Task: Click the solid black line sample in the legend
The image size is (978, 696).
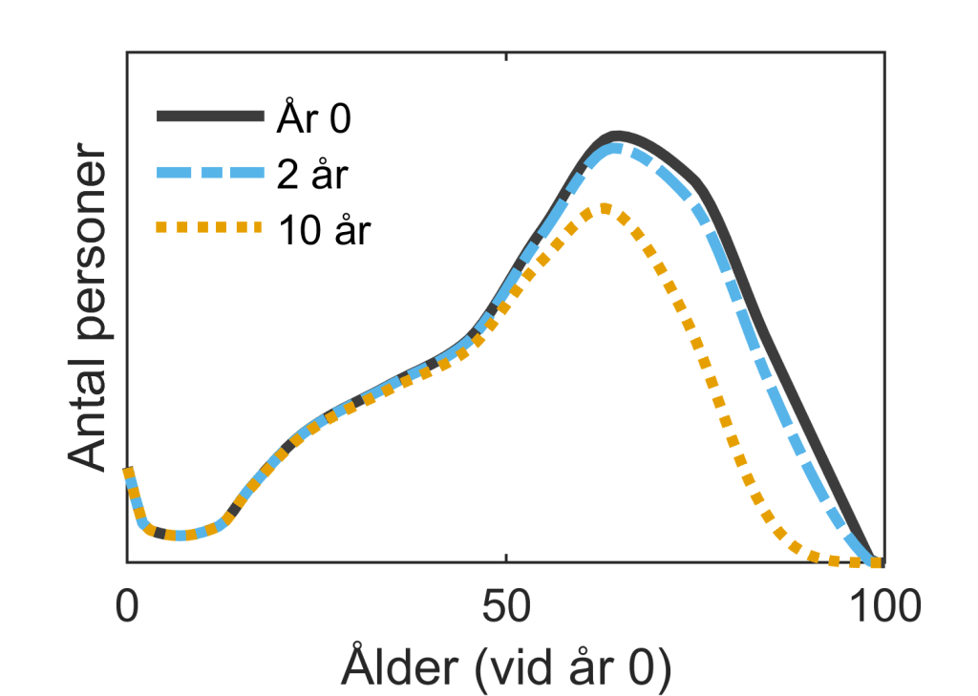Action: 209,116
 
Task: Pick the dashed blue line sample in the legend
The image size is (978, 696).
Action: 209,173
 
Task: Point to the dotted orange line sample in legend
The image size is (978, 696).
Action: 209,227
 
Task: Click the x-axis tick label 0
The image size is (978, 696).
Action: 126,605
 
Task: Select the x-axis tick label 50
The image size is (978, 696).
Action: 505,605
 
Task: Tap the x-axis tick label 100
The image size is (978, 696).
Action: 883,605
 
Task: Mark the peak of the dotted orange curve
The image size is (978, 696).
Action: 604,208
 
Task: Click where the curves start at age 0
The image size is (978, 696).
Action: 127,470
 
